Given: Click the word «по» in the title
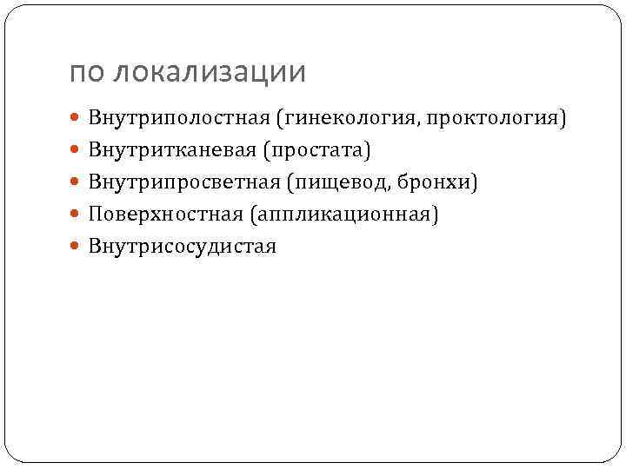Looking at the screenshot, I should (85, 73).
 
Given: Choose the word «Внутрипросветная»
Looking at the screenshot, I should (185, 182).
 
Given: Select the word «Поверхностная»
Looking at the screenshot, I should (165, 214).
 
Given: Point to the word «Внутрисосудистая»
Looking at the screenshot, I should (182, 246).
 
